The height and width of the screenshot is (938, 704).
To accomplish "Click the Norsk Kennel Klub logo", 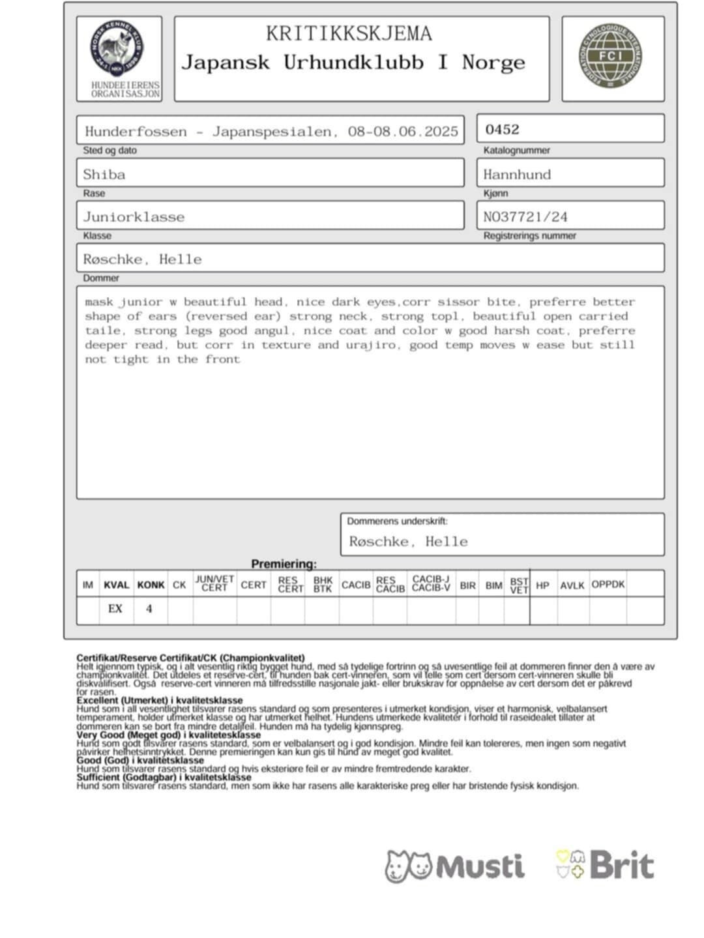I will (117, 50).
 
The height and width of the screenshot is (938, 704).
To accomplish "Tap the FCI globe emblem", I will (610, 56).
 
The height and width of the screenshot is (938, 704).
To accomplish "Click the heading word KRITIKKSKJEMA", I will (349, 33).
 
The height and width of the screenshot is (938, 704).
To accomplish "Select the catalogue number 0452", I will (502, 129).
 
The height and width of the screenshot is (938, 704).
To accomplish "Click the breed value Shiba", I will (104, 175).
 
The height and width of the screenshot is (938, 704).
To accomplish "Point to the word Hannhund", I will (517, 175).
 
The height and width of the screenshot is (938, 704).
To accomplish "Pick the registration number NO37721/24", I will (525, 217).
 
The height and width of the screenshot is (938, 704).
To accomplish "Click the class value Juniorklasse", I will (134, 217).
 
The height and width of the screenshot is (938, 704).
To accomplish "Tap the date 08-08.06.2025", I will (403, 132).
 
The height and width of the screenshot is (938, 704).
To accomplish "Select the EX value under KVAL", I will (115, 609).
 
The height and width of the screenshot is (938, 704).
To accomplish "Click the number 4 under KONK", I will (149, 609).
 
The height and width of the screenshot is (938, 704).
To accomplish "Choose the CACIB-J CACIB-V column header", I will (431, 583).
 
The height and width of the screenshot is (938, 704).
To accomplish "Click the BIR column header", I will (467, 585).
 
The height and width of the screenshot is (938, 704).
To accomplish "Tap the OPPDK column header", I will (608, 585).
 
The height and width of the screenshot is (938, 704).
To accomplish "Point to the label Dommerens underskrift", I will (397, 521).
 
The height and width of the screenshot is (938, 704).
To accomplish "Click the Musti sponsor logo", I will (454, 866).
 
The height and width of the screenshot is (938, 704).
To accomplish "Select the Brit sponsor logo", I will (604, 865).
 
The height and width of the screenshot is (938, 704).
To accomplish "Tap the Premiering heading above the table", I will (284, 564).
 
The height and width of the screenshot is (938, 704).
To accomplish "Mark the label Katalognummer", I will (516, 151).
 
